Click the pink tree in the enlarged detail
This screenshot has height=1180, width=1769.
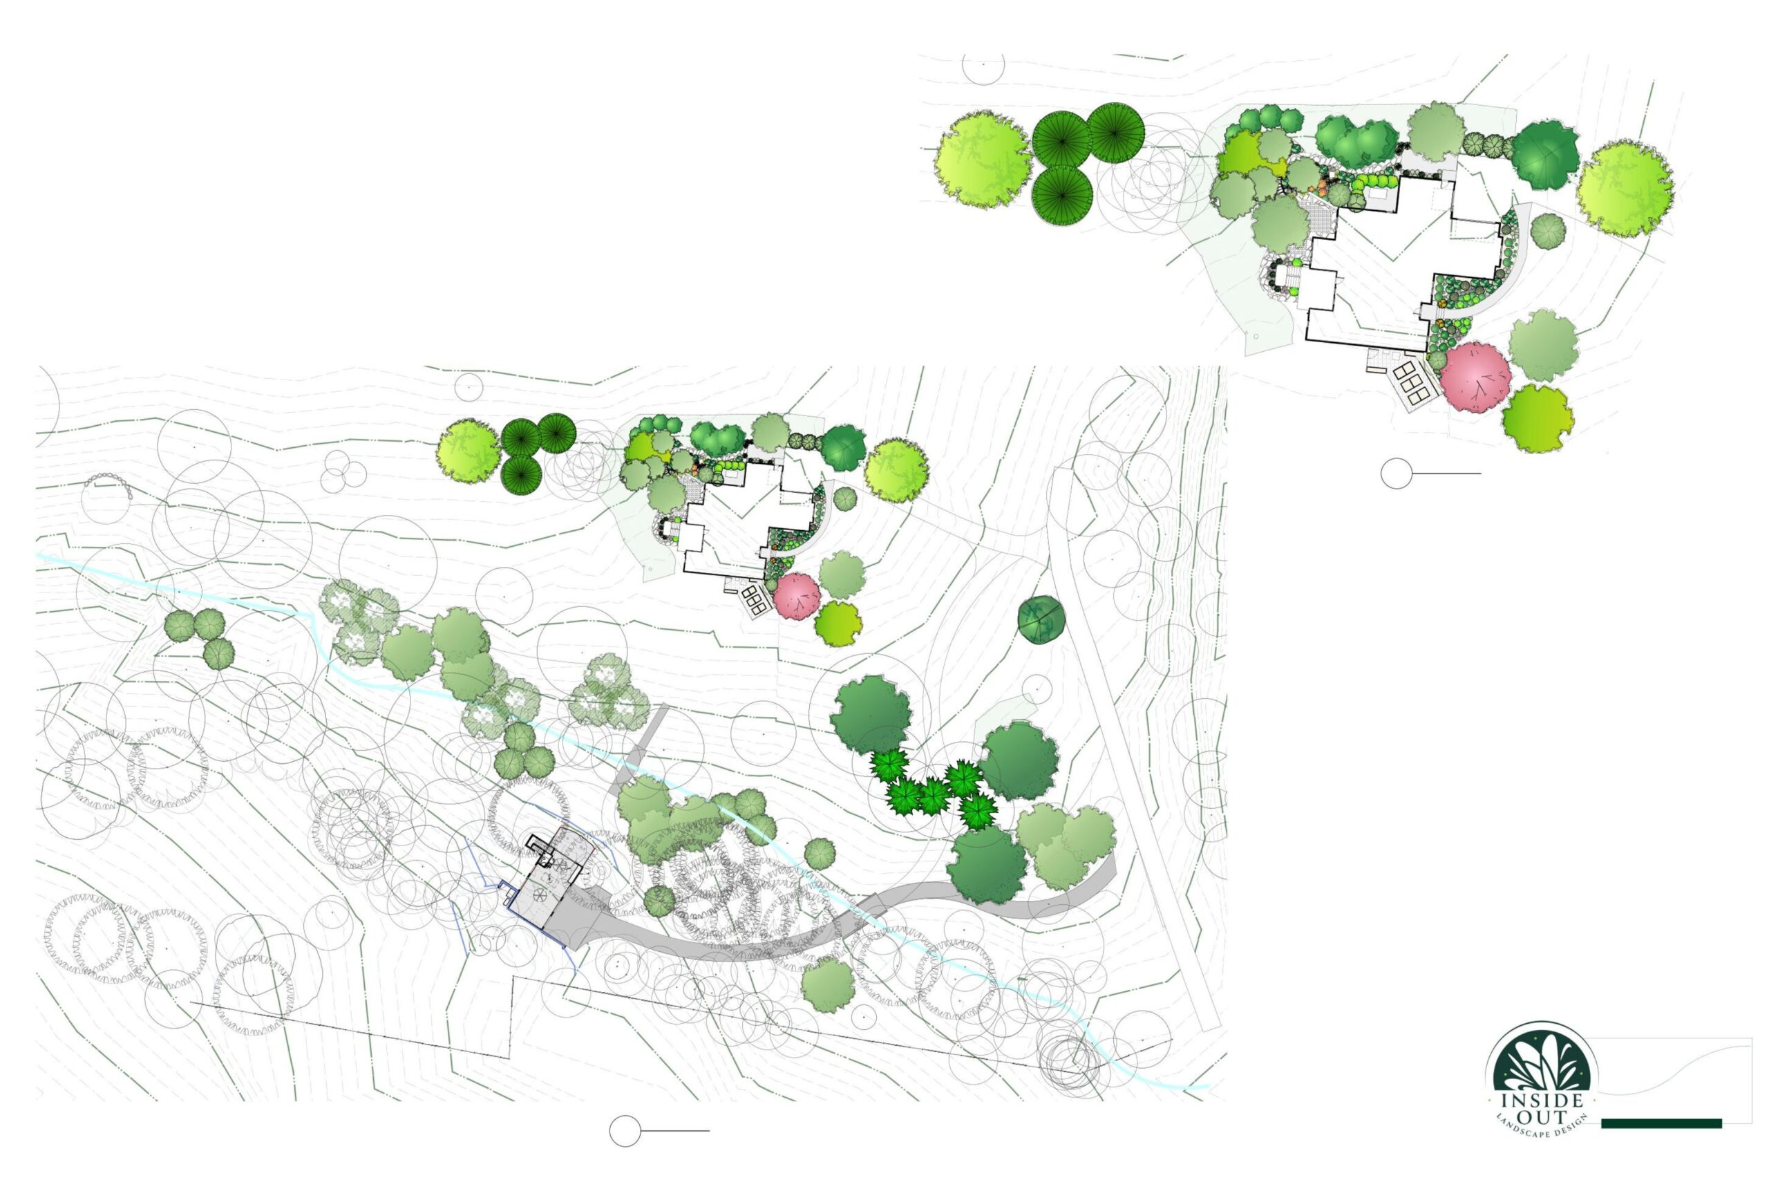point(1476,378)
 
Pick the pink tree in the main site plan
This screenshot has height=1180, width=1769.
point(797,596)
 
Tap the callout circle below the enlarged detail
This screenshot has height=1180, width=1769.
point(1396,474)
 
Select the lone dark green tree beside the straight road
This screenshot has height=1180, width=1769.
point(1041,619)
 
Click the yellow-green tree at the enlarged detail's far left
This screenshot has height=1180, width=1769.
point(983,160)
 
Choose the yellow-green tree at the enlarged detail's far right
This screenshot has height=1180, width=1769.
point(1625,189)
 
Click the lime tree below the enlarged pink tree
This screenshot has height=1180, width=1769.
point(1538,418)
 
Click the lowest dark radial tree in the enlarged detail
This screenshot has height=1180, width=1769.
point(1061,194)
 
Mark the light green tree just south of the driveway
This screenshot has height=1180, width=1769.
point(827,985)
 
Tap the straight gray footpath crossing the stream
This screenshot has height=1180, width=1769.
point(639,745)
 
